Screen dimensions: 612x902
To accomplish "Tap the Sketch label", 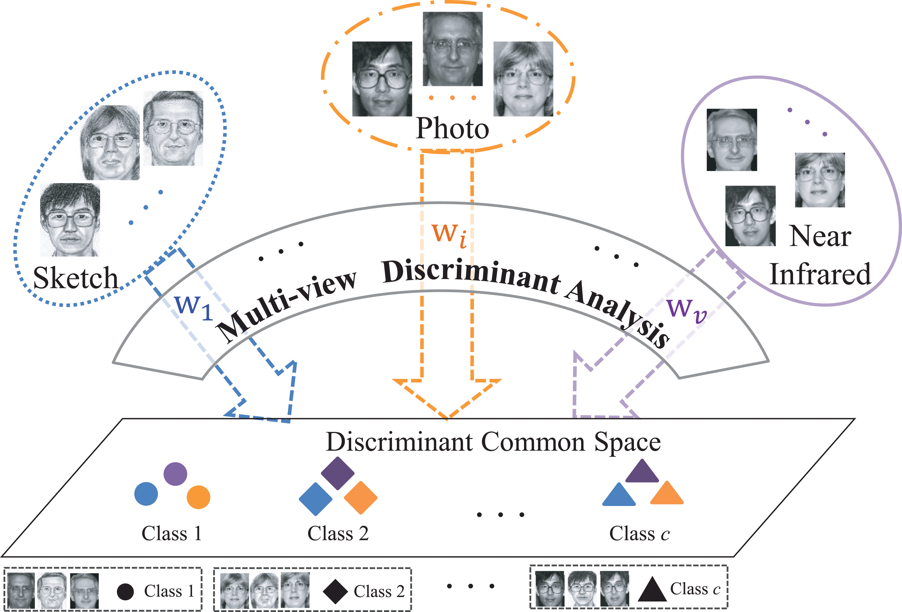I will coord(76,278).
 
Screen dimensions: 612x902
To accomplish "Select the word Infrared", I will coord(820,274).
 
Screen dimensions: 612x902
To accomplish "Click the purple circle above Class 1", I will coord(175,474).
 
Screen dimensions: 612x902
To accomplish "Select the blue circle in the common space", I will coord(146,494).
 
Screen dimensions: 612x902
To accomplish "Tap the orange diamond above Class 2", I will coord(361,498).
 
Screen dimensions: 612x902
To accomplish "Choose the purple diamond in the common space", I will coord(338,473).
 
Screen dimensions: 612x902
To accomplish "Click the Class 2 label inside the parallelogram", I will coord(338,533).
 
